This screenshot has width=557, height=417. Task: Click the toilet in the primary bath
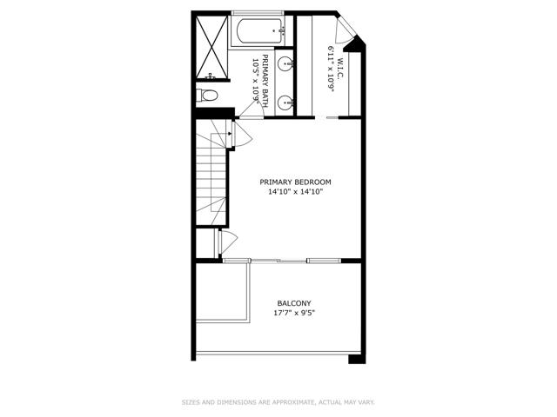[x=207, y=96]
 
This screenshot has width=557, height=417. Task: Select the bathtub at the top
[x=261, y=31]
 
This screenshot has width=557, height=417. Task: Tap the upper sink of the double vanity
[x=285, y=64]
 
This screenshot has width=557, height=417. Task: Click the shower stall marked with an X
[x=211, y=47]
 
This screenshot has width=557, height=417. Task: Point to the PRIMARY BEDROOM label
[x=295, y=182]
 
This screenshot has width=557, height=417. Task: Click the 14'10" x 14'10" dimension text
[x=295, y=192]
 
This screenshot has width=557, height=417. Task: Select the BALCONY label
[x=294, y=303]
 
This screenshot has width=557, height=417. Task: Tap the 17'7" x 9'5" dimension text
[x=294, y=313]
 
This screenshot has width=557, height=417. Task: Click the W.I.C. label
[x=340, y=69]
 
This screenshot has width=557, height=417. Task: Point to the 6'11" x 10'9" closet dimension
[x=331, y=69]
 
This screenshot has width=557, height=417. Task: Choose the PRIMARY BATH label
[x=265, y=81]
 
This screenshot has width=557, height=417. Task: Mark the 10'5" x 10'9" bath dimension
[x=255, y=81]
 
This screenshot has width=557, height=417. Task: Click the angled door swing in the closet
[x=344, y=29]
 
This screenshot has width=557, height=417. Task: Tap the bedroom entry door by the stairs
[x=242, y=134]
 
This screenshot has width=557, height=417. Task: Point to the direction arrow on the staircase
[x=230, y=133]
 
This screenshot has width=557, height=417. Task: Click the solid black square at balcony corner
[x=357, y=359]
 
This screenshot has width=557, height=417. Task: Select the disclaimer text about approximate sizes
[x=278, y=402]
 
